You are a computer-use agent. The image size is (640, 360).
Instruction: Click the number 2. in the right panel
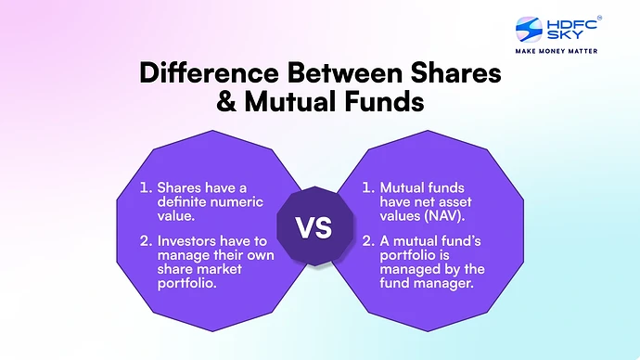(x=369, y=242)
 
